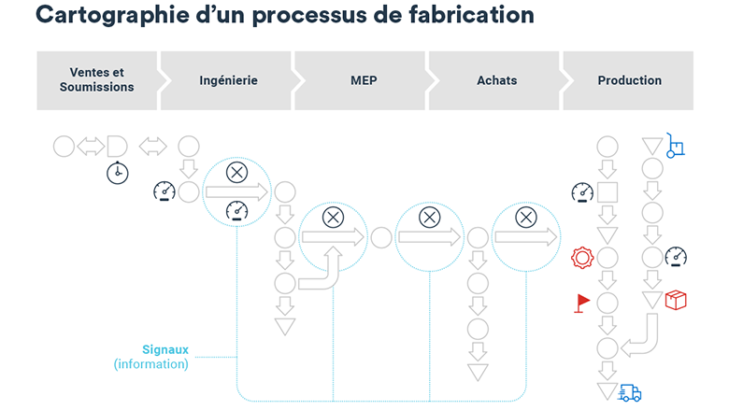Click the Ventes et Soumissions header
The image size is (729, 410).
tap(96, 80)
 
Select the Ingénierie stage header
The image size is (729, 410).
tap(228, 80)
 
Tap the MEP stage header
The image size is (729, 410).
tap(364, 80)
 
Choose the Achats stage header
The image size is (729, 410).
tap(496, 80)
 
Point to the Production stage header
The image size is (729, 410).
tap(630, 80)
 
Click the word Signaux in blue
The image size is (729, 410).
tap(165, 349)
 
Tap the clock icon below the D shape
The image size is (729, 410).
tap(118, 173)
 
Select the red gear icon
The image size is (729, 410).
tap(582, 258)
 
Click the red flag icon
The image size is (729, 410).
tap(581, 304)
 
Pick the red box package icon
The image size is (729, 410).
tap(676, 300)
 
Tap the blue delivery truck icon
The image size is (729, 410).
tap(630, 393)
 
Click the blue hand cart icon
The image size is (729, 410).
tap(675, 146)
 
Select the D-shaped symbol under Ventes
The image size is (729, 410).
tap(117, 147)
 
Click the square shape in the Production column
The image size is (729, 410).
tap(607, 191)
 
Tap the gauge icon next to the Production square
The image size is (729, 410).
tap(582, 192)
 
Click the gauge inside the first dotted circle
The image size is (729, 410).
tap(236, 210)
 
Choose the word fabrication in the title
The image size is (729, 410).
tap(471, 15)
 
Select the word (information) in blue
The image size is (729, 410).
tap(151, 364)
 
